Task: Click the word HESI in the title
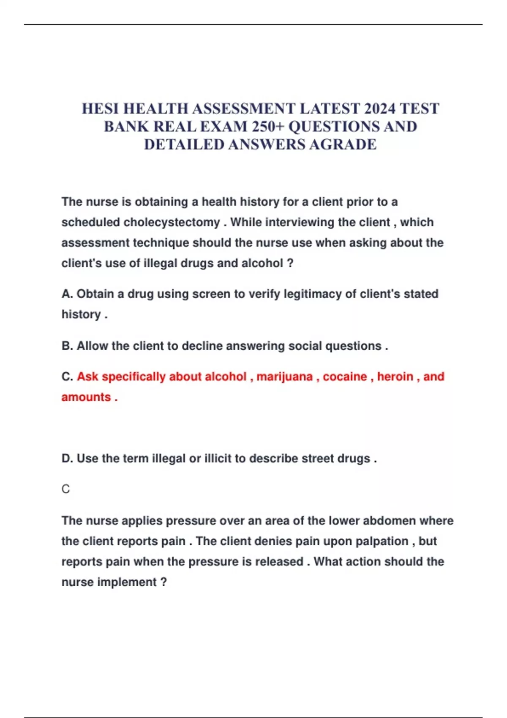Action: [x=100, y=109]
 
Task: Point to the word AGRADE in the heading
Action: [x=343, y=144]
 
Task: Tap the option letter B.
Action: [x=66, y=346]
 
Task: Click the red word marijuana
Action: [x=284, y=376]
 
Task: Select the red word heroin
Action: [x=395, y=376]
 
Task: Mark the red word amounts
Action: [x=86, y=397]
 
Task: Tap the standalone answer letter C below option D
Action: [x=65, y=489]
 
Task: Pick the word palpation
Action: [x=382, y=541]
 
